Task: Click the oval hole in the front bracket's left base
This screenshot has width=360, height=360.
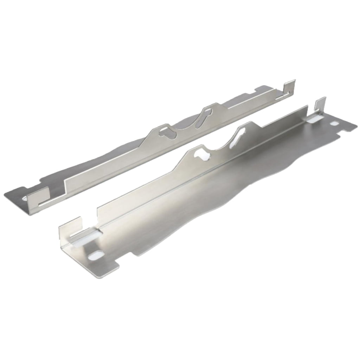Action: pyautogui.click(x=95, y=256)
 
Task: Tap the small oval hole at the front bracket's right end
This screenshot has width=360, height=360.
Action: pyautogui.click(x=334, y=123)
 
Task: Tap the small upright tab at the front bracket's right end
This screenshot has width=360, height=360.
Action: pyautogui.click(x=320, y=105)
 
